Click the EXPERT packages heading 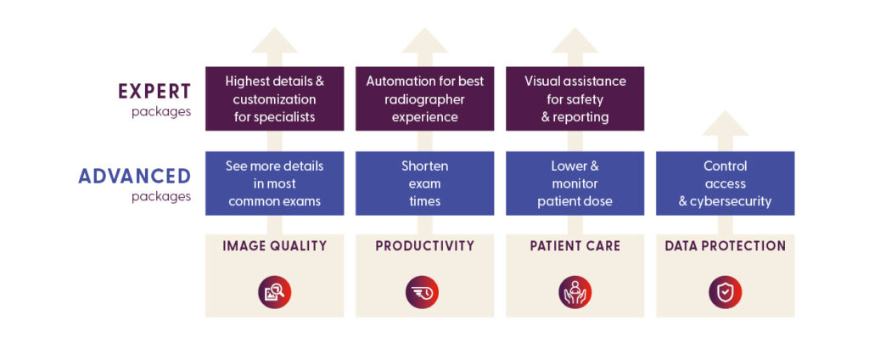point(154,92)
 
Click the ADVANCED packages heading point(134,177)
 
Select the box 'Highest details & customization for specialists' point(274,98)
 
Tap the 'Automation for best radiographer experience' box point(424,98)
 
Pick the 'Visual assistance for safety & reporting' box point(575,98)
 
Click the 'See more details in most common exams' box point(274,183)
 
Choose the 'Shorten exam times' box point(424,183)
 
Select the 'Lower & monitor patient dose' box point(575,183)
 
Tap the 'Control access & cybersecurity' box point(725,183)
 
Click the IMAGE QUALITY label point(274,246)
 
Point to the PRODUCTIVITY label point(424,246)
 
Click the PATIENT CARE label point(575,246)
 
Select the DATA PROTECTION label point(725,246)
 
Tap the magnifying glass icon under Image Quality point(274,292)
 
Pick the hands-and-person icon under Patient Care point(575,292)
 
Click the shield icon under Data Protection point(725,292)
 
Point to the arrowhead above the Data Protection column point(725,125)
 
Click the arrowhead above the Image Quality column point(274,41)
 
